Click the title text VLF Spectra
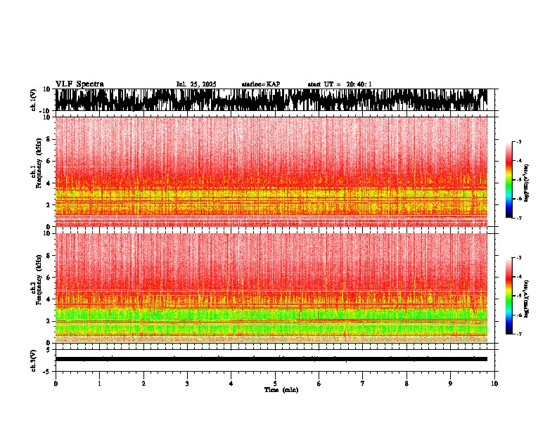pyautogui.click(x=79, y=84)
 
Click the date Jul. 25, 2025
pyautogui.click(x=196, y=84)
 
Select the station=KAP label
pyautogui.click(x=260, y=84)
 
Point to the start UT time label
pyautogui.click(x=340, y=84)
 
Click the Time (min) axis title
pyautogui.click(x=281, y=390)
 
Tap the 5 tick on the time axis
pyautogui.click(x=275, y=384)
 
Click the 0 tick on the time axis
pyautogui.click(x=56, y=384)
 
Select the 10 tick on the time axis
pyautogui.click(x=494, y=384)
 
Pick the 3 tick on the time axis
pyautogui.click(x=187, y=384)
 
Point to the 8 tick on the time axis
pyautogui.click(x=406, y=384)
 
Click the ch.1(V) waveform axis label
pyautogui.click(x=33, y=100)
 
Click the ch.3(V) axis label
pyautogui.click(x=33, y=359)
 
